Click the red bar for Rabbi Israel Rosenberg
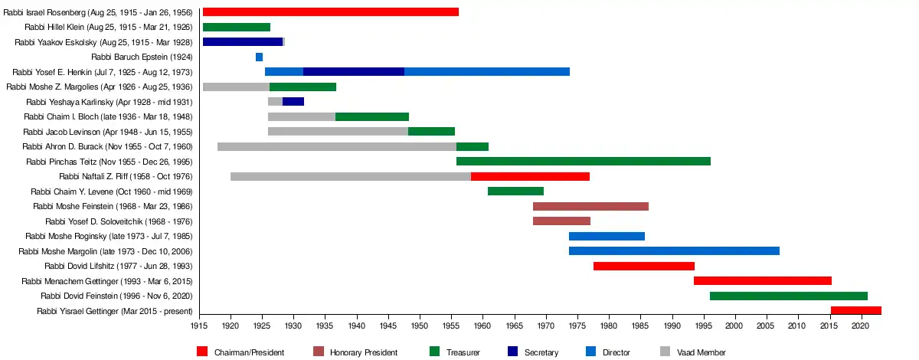(x=330, y=12)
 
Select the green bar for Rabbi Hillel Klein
(x=236, y=27)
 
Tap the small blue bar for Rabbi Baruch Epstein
(x=259, y=57)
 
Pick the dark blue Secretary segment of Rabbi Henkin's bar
(x=353, y=72)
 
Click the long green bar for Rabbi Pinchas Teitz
(x=583, y=162)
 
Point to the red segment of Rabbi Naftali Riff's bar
(x=530, y=176)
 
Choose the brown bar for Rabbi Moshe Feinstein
(x=590, y=206)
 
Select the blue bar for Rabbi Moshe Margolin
(x=674, y=251)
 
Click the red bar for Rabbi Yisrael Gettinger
(x=855, y=311)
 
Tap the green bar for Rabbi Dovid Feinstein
(x=788, y=296)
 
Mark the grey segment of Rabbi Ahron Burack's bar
(x=336, y=146)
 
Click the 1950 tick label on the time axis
(x=419, y=326)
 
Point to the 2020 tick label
(x=860, y=326)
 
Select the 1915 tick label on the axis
(x=199, y=326)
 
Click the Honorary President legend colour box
(x=319, y=352)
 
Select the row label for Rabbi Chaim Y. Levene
(x=111, y=191)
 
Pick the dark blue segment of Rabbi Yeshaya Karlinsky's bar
(x=293, y=102)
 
